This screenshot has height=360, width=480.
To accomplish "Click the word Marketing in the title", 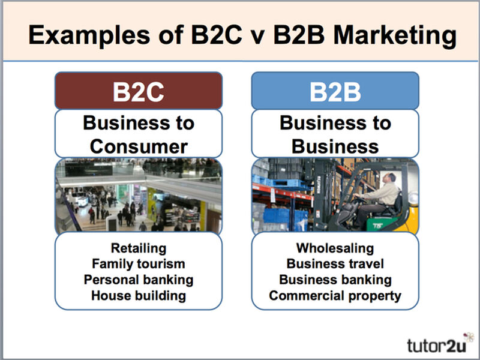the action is coord(395,36).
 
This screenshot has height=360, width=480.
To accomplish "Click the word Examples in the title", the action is coord(89,36).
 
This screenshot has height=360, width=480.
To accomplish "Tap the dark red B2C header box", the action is coord(139,91).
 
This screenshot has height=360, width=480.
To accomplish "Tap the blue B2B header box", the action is coord(335,91).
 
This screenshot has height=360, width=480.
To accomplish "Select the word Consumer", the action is coord(139,146).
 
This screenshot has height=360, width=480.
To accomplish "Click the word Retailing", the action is coord(139,248).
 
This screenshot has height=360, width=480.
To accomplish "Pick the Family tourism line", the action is coord(139,263).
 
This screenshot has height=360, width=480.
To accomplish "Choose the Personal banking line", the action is coord(139,280).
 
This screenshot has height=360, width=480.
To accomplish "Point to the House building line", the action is coord(139,296).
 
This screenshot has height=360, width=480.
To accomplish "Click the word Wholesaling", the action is coord(335,248).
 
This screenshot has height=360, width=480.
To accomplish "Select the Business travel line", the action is coord(335,263).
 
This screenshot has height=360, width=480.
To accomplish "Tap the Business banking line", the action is coord(335,280).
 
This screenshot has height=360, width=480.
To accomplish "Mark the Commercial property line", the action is coord(335,296).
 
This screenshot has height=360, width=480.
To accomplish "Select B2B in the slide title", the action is coord(299,35).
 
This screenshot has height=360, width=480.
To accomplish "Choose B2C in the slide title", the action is coord(216,35).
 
